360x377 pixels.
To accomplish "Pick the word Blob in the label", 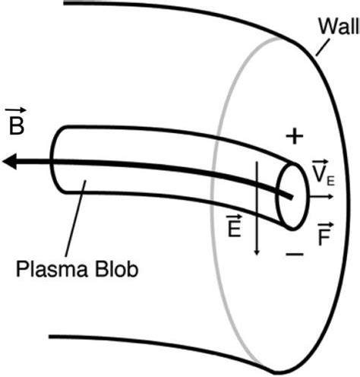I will (x=117, y=268).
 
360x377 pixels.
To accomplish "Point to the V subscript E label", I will (x=321, y=176).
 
